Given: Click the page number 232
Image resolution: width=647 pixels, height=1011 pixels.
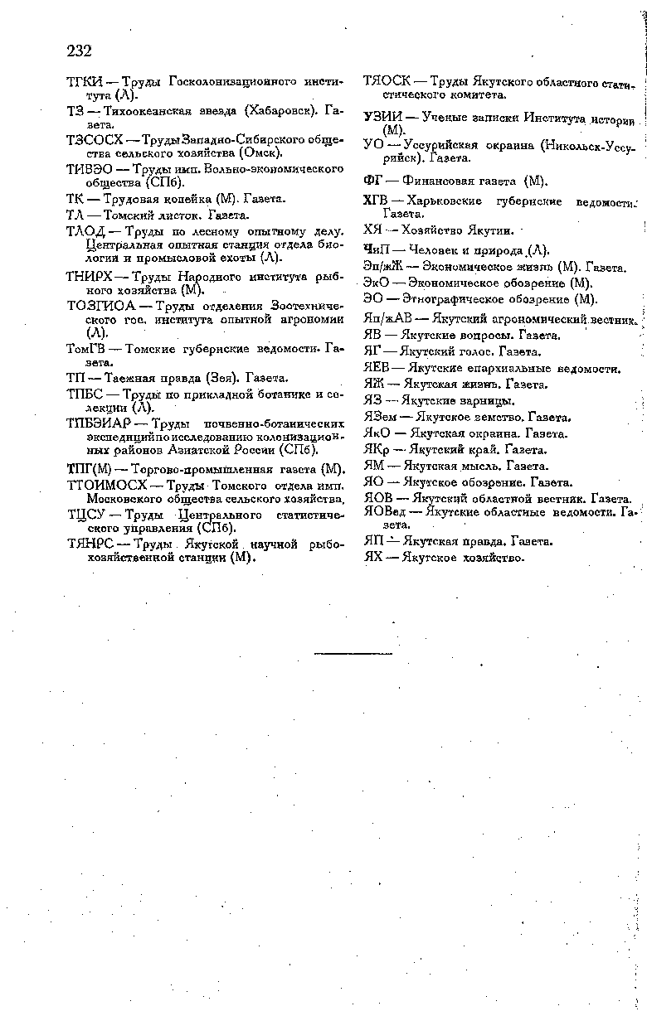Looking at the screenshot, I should tap(79, 51).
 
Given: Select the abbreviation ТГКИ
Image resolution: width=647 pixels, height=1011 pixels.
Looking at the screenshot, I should tap(85, 82).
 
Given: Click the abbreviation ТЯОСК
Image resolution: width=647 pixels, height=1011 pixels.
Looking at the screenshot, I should tap(387, 81).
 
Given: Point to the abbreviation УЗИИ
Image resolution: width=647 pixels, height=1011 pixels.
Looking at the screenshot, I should tap(382, 117).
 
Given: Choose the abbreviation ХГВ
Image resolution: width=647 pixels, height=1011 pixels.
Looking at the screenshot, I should tap(377, 201).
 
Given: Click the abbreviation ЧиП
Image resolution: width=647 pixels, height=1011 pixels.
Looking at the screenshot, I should tap(377, 249).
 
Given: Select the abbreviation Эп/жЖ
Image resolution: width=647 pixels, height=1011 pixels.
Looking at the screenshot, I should tap(382, 266).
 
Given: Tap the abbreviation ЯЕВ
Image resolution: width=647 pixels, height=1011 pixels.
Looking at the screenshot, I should tap(377, 368).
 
